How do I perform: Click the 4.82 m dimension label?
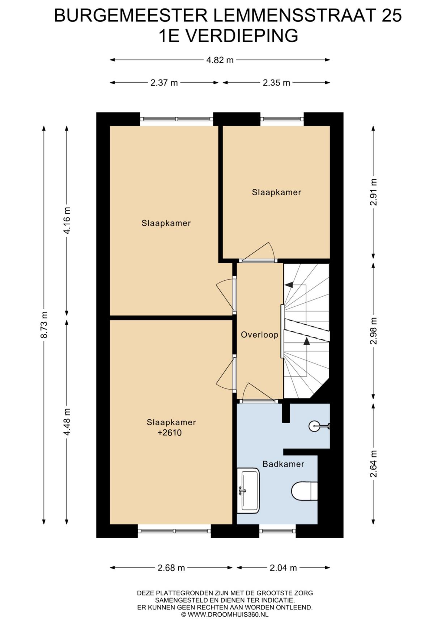[x=220, y=60]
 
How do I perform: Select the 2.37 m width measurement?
[x=164, y=83]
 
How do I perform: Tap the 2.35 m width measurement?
[x=276, y=83]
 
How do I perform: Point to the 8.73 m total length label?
[x=44, y=324]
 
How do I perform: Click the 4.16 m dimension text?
[x=67, y=221]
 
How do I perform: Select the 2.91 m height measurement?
[x=373, y=192]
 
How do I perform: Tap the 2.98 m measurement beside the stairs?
[x=373, y=331]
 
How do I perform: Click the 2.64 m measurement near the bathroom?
[x=373, y=464]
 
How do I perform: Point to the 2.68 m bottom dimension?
[x=171, y=568]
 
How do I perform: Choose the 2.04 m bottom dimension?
[x=283, y=568]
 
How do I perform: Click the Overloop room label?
[x=260, y=335]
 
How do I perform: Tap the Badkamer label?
[x=283, y=464]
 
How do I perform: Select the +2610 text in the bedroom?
[x=170, y=433]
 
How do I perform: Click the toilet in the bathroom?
[x=305, y=491]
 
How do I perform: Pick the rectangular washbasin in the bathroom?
[x=248, y=491]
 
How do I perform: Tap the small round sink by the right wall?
[x=315, y=426]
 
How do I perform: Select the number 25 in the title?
[x=392, y=16]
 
